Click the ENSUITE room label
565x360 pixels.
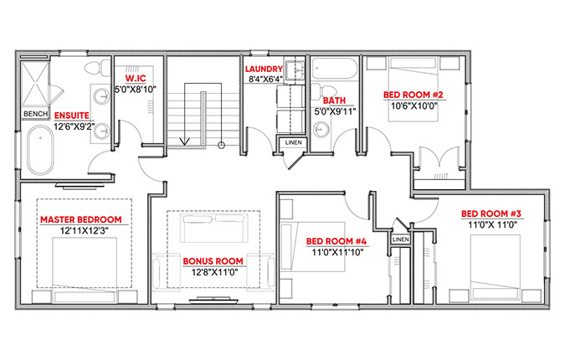(72, 116)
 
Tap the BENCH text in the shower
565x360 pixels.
(35, 114)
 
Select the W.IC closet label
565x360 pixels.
(136, 79)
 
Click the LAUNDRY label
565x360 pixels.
(264, 69)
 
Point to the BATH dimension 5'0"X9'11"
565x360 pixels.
(335, 111)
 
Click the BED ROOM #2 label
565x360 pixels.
(413, 95)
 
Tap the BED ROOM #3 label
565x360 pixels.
(491, 213)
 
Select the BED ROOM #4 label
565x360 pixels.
(336, 241)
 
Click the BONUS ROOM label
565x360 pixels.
(213, 261)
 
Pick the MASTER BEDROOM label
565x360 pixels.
(80, 219)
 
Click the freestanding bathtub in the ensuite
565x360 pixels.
(40, 150)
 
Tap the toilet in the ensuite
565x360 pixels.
(97, 67)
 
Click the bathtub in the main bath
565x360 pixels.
(334, 69)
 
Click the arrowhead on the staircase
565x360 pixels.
(185, 141)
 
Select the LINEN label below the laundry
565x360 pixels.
(293, 142)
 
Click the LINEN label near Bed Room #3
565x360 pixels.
(401, 239)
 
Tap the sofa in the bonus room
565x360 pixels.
(214, 228)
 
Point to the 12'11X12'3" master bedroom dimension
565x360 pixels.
(85, 230)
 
